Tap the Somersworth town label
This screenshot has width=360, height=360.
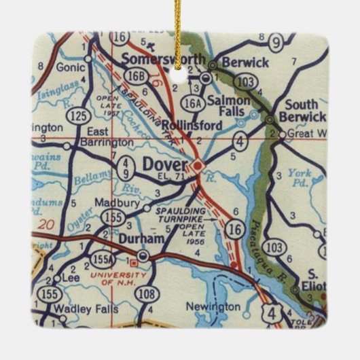pos(163,59)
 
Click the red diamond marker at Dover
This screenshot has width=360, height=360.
pos(196,165)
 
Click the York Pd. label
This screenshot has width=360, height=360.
pos(300,177)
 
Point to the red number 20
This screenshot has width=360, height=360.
pos(46,223)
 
